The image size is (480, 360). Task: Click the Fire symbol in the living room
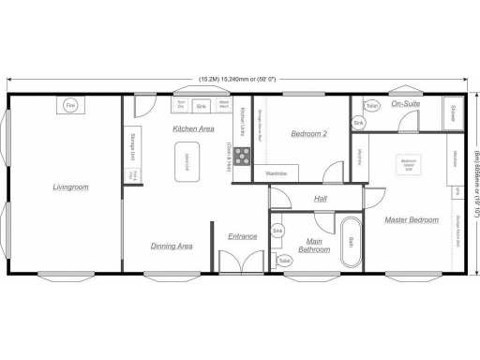tap(69, 107)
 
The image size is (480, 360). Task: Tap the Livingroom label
tap(70, 187)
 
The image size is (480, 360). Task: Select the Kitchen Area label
tap(194, 128)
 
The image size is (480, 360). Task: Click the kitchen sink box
tap(201, 107)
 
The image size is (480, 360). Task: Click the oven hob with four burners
tap(242, 157)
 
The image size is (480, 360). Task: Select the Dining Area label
tap(172, 246)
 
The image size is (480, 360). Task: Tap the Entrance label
tap(243, 236)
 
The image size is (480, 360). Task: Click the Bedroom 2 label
tap(308, 133)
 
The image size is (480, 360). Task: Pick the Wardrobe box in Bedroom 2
tap(277, 173)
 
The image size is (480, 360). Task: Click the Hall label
tap(321, 199)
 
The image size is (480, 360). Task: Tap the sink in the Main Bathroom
tap(277, 231)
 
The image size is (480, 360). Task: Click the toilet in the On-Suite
tap(372, 107)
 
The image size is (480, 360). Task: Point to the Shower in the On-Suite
tap(453, 113)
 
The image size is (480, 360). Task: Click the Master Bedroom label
tap(412, 219)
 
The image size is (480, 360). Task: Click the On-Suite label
tap(406, 103)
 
